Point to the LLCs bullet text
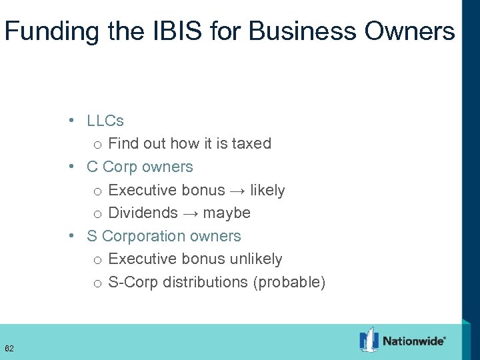(105, 121)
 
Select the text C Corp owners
(140, 167)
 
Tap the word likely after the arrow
(267, 190)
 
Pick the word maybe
(227, 213)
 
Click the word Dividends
(141, 213)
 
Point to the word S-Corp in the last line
(132, 282)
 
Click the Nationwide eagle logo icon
(369, 339)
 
